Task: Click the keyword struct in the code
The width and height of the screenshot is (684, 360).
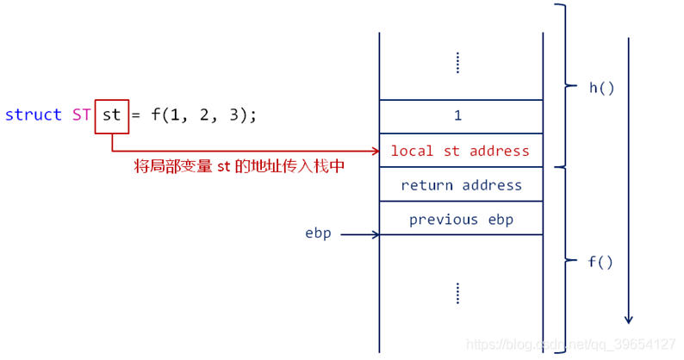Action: click(x=34, y=115)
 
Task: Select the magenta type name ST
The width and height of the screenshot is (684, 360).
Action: click(x=82, y=115)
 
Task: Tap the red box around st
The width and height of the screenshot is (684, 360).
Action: click(x=112, y=115)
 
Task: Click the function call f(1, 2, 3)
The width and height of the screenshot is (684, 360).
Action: click(x=203, y=115)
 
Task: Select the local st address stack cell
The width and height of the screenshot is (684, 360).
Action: click(x=461, y=151)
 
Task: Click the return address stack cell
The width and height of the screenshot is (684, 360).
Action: click(x=461, y=185)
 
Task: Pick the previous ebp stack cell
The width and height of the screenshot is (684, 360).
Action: click(x=461, y=219)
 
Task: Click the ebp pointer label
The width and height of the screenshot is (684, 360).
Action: click(x=318, y=233)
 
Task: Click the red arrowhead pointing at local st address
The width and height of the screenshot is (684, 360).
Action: click(x=375, y=151)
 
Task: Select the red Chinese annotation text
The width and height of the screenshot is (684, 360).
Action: click(x=239, y=165)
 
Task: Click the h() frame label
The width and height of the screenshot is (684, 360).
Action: click(x=601, y=88)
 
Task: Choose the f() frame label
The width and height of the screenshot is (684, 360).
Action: click(x=600, y=262)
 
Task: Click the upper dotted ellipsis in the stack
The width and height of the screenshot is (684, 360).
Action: click(x=457, y=63)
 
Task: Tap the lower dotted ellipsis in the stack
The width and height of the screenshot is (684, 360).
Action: click(x=457, y=293)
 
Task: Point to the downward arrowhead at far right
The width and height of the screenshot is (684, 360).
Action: click(x=629, y=318)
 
